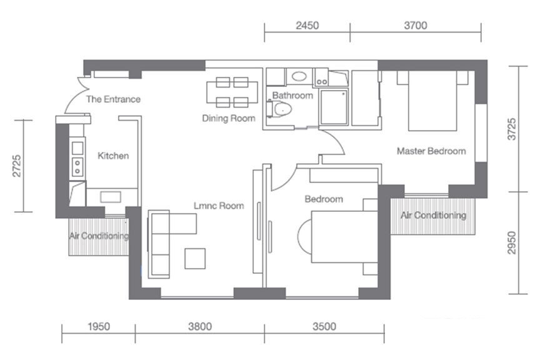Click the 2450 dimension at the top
(307, 26)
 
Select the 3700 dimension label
(416, 26)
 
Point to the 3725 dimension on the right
(512, 129)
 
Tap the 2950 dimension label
(512, 242)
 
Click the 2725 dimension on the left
(17, 166)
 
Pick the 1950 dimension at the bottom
(99, 327)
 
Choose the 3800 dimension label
(200, 327)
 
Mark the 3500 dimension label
(324, 327)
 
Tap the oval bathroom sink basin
(299, 76)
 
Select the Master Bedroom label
(431, 151)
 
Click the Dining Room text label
(229, 119)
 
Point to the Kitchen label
(113, 156)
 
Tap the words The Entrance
(113, 99)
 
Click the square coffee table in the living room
(195, 258)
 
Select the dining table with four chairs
(232, 92)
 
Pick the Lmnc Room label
(219, 206)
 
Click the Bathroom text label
(292, 96)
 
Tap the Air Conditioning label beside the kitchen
(99, 236)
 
